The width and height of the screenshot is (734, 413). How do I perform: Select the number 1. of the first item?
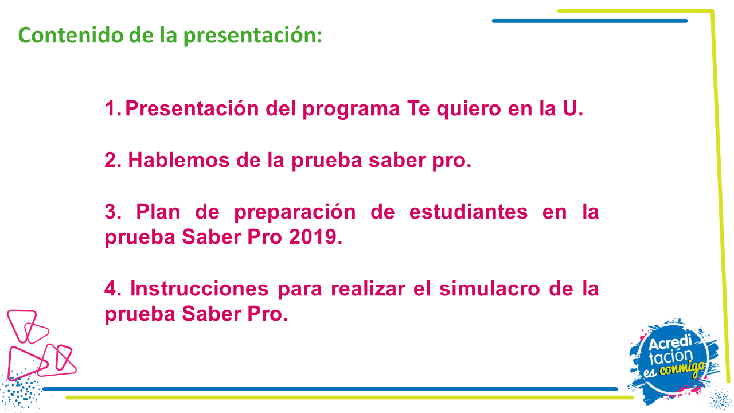[x=113, y=108]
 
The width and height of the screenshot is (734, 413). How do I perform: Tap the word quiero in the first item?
[x=468, y=109]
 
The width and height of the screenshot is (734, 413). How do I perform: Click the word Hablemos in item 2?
[x=178, y=160]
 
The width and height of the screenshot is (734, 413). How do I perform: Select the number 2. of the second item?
[x=113, y=160]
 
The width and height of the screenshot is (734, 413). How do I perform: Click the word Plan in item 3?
[x=158, y=212]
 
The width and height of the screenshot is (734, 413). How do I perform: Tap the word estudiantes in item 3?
[x=468, y=212]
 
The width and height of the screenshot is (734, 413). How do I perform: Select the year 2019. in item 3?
[x=315, y=237]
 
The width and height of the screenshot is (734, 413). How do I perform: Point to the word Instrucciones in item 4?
[x=199, y=289]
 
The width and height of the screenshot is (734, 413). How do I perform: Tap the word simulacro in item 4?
[x=490, y=289]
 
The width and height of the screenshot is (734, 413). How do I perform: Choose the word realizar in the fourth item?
[x=368, y=289]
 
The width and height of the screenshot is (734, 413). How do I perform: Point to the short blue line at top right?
[x=590, y=21]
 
